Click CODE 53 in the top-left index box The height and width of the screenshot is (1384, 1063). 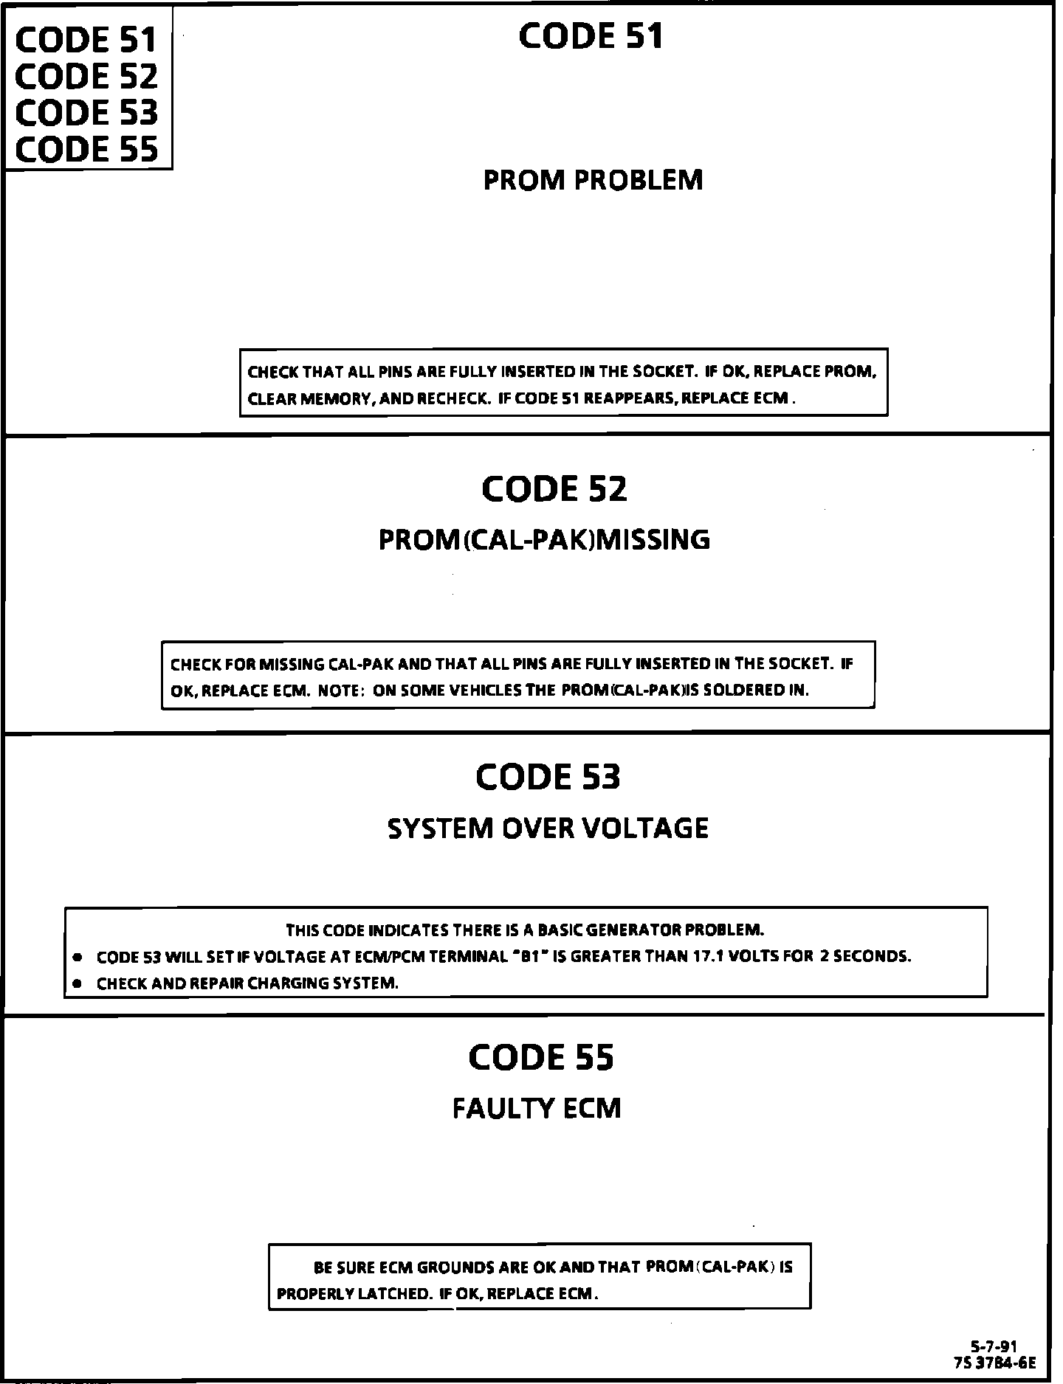pyautogui.click(x=86, y=113)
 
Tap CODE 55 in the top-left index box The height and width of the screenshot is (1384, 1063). pyautogui.click(x=86, y=149)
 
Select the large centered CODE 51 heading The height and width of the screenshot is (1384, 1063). pyautogui.click(x=591, y=36)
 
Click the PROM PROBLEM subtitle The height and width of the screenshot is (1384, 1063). pyautogui.click(x=593, y=180)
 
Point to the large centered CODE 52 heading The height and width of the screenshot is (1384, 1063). pyautogui.click(x=554, y=488)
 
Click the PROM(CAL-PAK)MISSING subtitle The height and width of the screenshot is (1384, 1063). pyautogui.click(x=544, y=540)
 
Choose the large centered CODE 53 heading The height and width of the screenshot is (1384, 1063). pyautogui.click(x=548, y=776)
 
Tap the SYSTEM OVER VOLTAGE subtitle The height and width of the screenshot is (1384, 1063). pyautogui.click(x=548, y=828)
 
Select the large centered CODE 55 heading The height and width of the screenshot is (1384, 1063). pyautogui.click(x=540, y=1057)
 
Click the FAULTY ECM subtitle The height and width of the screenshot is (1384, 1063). pyautogui.click(x=537, y=1108)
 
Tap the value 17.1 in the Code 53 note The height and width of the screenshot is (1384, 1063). pyautogui.click(x=707, y=957)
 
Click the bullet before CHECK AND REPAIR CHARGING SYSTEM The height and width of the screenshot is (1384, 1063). pyautogui.click(x=76, y=984)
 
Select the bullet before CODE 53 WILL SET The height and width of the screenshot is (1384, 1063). pyautogui.click(x=76, y=958)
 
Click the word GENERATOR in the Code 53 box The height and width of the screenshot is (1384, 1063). pyautogui.click(x=639, y=929)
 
